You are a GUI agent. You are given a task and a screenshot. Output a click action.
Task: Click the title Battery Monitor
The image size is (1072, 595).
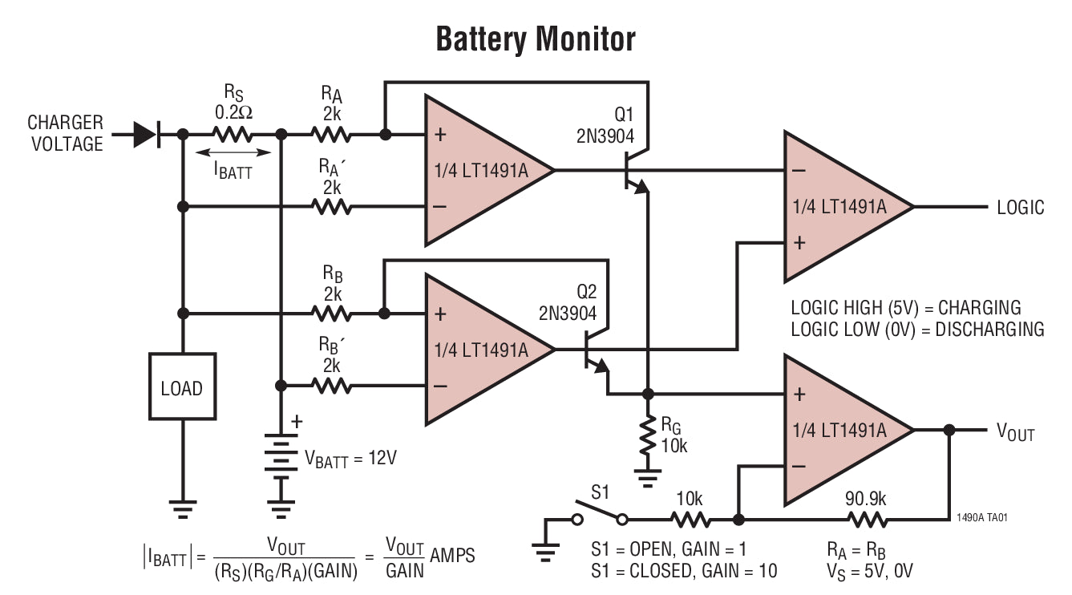coord(535,38)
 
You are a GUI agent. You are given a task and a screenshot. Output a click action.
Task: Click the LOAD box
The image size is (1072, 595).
coord(182,388)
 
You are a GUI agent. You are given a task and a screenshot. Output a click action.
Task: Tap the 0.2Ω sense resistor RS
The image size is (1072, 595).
coord(233,135)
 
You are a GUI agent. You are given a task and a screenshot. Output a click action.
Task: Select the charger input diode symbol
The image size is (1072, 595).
coord(147,135)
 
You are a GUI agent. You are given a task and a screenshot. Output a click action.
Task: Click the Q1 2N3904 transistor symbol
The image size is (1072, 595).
coord(633,171)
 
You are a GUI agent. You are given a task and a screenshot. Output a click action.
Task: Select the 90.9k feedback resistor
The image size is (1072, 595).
coord(867,520)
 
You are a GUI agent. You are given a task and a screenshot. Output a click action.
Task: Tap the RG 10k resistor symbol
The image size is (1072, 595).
coord(648,439)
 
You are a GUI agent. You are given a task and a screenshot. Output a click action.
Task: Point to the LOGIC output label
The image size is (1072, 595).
coord(1020,208)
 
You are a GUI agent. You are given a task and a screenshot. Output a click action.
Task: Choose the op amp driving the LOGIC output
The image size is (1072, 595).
coord(846,207)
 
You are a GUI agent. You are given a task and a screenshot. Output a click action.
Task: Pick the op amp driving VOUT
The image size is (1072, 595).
coord(846,430)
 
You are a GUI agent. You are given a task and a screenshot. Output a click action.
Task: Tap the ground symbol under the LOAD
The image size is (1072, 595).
coord(182,507)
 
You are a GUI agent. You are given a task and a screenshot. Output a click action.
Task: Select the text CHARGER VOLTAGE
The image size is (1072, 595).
coord(66,133)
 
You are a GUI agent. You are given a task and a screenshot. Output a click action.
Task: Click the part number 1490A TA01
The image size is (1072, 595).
coord(981,517)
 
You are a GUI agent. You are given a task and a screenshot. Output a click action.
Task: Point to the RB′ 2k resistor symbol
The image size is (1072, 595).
coord(332,386)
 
